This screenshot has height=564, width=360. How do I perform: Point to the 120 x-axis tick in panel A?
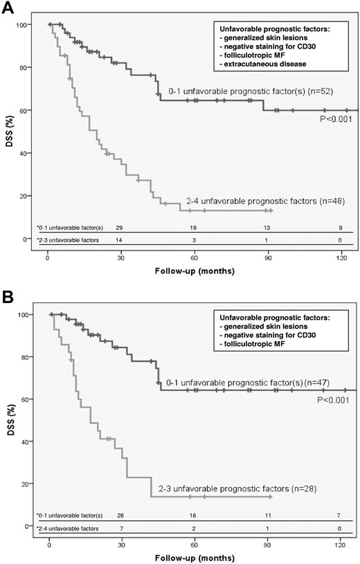tap(340, 257)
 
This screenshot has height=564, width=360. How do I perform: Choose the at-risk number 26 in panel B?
tap(121, 516)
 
